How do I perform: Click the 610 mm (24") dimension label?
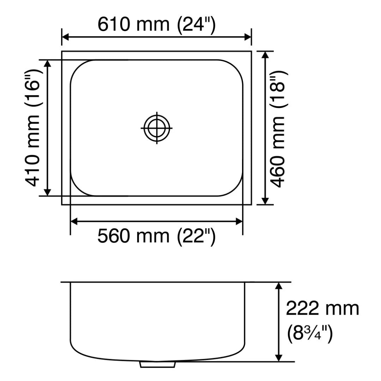coord(156,25)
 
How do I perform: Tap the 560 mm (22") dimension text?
coord(156,236)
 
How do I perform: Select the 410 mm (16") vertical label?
coord(33,128)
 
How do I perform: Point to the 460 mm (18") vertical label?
coord(279,128)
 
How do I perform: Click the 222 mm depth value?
coord(322,309)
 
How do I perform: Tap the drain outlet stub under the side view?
coord(157,364)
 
